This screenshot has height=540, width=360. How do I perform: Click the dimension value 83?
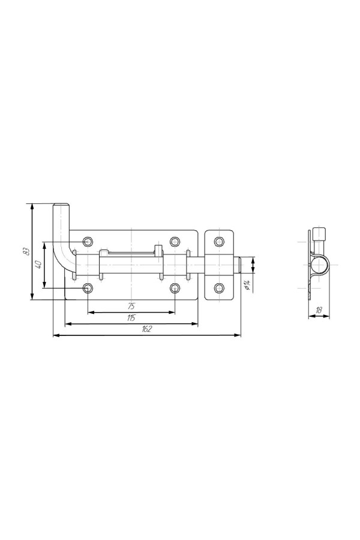pyautogui.click(x=25, y=252)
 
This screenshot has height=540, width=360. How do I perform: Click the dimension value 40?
pyautogui.click(x=38, y=265)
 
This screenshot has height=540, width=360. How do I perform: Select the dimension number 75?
pyautogui.click(x=131, y=306)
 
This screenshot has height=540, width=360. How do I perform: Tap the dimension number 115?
pyautogui.click(x=131, y=318)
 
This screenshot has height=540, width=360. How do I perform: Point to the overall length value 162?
pyautogui.click(x=147, y=329)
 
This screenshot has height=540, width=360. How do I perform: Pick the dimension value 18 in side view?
pyautogui.click(x=319, y=310)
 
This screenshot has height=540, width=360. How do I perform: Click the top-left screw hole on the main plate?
pyautogui.click(x=88, y=241)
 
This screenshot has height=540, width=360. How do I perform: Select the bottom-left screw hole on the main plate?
pyautogui.click(x=88, y=288)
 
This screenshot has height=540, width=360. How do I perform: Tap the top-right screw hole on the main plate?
pyautogui.click(x=175, y=241)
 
